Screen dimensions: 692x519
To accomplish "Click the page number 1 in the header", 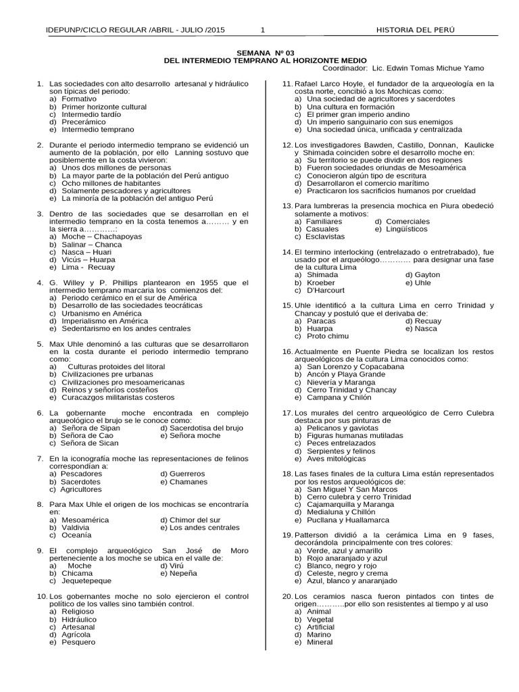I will pos(262,30).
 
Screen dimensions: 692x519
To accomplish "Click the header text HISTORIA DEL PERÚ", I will pos(416,30).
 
